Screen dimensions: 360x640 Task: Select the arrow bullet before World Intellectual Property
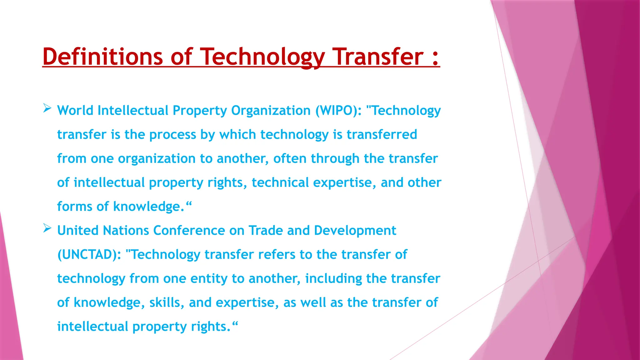coord(47,108)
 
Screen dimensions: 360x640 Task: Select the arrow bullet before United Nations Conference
coord(47,228)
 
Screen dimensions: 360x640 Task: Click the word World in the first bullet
coord(75,111)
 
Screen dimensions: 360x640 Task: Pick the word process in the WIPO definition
coord(172,135)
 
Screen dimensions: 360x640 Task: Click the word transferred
coord(382,135)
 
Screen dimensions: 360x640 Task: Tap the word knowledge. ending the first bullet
coord(149,207)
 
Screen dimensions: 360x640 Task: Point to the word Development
coord(355,231)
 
